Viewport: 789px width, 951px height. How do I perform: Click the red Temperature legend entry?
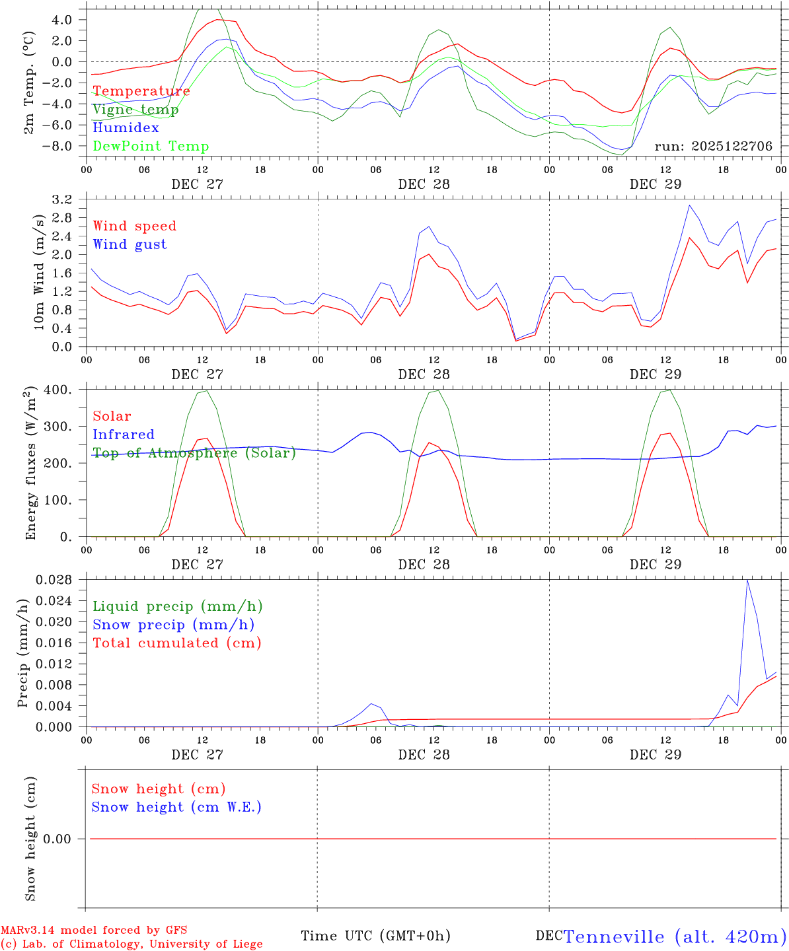pos(141,91)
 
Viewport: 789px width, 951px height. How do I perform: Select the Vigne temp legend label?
pos(135,110)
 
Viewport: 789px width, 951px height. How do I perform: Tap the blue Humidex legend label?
pos(126,128)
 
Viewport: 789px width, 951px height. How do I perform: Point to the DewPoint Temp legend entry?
pos(151,147)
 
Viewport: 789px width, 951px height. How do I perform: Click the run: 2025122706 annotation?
pos(713,147)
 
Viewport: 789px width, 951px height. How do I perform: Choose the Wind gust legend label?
pos(130,244)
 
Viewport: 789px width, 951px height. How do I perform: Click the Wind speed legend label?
pos(135,226)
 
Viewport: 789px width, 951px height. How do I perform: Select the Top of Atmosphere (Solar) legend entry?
pos(194,453)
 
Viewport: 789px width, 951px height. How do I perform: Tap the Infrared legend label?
pos(124,435)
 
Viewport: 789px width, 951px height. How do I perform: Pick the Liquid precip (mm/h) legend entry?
pos(177,606)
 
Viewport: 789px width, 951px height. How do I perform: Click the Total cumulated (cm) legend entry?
pos(176,643)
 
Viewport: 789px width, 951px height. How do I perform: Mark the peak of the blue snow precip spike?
pos(747,580)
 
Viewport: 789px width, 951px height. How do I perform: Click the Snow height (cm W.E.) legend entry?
pos(176,807)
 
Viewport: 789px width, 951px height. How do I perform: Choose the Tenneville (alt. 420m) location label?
pos(675,936)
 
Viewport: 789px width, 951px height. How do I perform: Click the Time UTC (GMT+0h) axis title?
pos(375,936)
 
